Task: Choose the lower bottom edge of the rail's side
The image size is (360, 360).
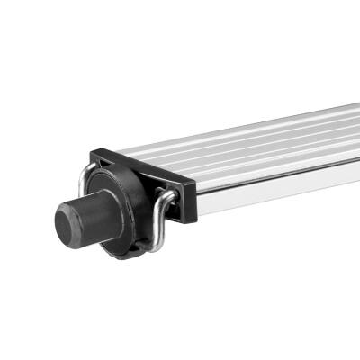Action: [270, 195]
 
